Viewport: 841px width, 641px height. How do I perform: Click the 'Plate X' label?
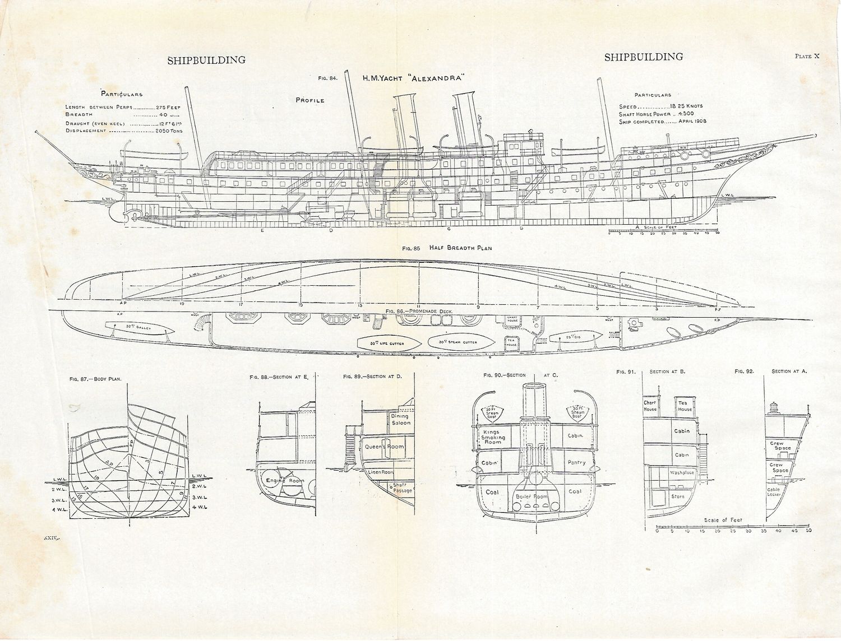point(807,56)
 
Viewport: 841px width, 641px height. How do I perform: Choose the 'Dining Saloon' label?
point(400,419)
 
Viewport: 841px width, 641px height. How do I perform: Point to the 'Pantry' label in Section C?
point(576,463)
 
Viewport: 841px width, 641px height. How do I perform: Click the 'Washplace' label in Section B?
point(681,472)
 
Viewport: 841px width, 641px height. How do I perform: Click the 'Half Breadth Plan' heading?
point(460,248)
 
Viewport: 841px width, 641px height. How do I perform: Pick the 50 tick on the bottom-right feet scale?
point(808,530)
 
